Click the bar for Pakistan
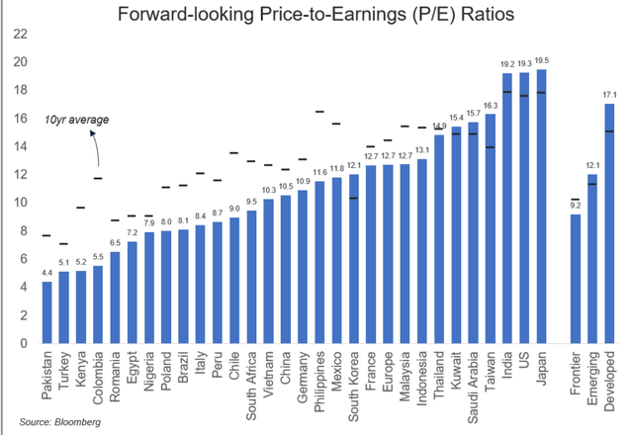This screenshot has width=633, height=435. pyautogui.click(x=46, y=312)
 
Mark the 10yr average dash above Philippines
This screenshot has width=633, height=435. pyautogui.click(x=319, y=112)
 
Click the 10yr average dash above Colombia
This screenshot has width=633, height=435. pyautogui.click(x=98, y=178)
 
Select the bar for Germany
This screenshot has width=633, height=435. pyautogui.click(x=303, y=266)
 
